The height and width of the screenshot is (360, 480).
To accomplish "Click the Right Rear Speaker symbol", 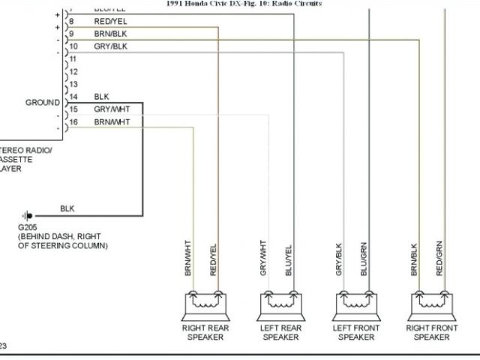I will (205, 304).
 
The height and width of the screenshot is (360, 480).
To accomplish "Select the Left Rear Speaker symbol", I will (280, 304).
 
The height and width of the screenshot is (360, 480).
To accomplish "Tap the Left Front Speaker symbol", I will (356, 304).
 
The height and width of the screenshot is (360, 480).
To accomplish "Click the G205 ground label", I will (28, 226).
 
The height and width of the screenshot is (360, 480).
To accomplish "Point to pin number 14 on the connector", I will (73, 97).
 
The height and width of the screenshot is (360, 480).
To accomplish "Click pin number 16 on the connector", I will (73, 121).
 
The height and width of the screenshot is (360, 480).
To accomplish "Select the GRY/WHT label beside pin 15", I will (111, 109).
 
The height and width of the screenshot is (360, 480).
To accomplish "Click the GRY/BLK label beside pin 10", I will (109, 46).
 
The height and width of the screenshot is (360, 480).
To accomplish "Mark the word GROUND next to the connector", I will (43, 102).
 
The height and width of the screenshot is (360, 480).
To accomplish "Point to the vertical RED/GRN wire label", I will (439, 258).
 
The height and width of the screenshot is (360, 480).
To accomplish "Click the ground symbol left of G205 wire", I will (28, 214).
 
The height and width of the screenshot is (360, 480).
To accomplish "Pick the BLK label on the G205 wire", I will (67, 208).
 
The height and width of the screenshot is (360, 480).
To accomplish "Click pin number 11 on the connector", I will (73, 58).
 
